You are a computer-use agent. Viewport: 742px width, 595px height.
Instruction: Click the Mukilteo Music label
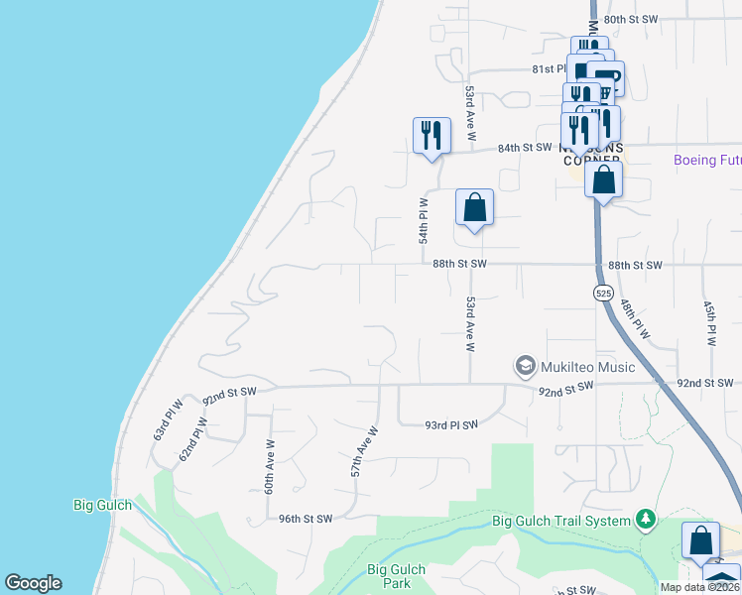pyautogui.click(x=588, y=367)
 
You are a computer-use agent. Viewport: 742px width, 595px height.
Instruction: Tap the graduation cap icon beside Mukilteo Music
pyautogui.click(x=525, y=367)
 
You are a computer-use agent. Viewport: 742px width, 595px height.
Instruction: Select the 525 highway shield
pyautogui.click(x=603, y=293)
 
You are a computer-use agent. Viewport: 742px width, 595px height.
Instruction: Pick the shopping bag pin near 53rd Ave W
pyautogui.click(x=475, y=208)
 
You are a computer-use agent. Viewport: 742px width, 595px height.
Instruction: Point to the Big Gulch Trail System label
pyautogui.click(x=561, y=521)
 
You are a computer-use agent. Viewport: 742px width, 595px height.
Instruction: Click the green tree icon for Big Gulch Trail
pyautogui.click(x=646, y=518)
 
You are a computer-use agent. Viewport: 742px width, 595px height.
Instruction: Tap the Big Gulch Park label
pyautogui.click(x=396, y=576)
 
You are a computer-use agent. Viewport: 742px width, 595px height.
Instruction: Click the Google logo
pyautogui.click(x=33, y=583)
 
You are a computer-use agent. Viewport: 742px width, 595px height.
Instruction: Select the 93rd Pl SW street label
pyautogui.click(x=451, y=424)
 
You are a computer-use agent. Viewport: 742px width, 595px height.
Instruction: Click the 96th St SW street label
pyautogui.click(x=305, y=518)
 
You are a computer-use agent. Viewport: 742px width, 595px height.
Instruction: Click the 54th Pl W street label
pyautogui.click(x=423, y=220)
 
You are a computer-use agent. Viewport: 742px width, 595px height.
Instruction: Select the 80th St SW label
pyautogui.click(x=631, y=19)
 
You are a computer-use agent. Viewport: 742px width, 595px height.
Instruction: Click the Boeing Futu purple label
pyautogui.click(x=706, y=160)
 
